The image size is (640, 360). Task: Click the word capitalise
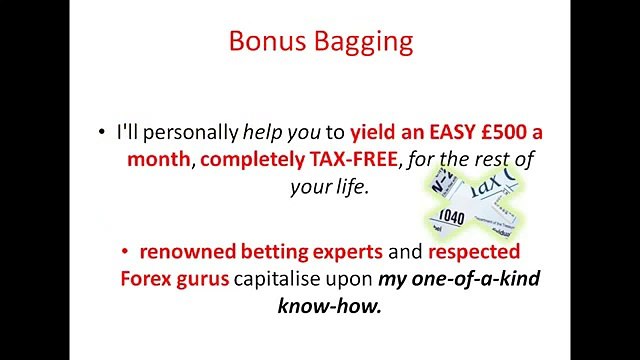click(x=281, y=277)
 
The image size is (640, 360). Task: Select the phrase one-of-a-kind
click(x=479, y=277)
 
